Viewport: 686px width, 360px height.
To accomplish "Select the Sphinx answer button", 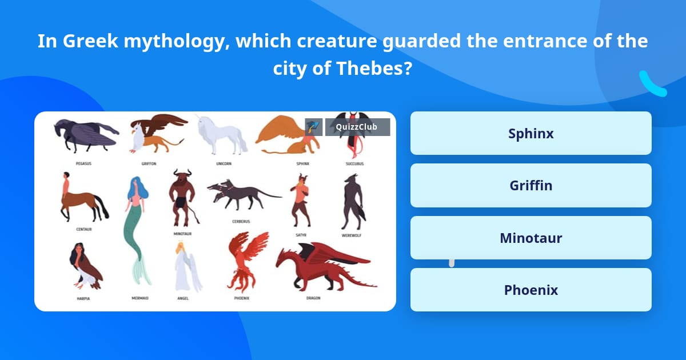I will [x=531, y=133].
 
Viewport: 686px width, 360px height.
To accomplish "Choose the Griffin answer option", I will [x=531, y=186].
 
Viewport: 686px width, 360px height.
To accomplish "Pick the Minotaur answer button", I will [x=531, y=238].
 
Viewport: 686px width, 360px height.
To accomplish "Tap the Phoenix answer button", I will [x=531, y=290].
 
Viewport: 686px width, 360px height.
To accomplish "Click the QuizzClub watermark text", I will [x=357, y=127].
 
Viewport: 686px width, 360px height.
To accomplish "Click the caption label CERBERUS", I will [x=240, y=221].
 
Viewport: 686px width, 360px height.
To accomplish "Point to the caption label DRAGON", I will [x=313, y=298].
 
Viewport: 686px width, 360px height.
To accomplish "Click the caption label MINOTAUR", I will [x=182, y=234].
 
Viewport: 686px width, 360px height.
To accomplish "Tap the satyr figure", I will [x=300, y=200].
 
